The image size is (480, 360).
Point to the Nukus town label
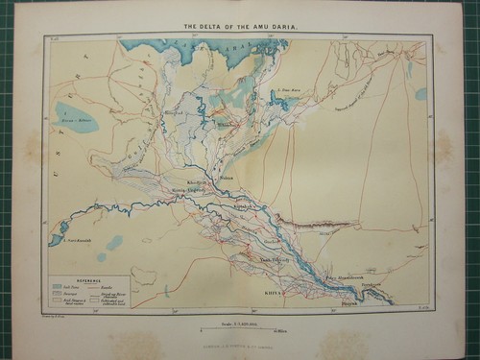click(x=228, y=177)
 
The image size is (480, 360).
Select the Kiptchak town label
click(x=246, y=207)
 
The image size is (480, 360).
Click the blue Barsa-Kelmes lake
click(x=77, y=117)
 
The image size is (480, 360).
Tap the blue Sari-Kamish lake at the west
click(x=58, y=231)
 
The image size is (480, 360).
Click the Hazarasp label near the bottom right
click(x=375, y=300)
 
